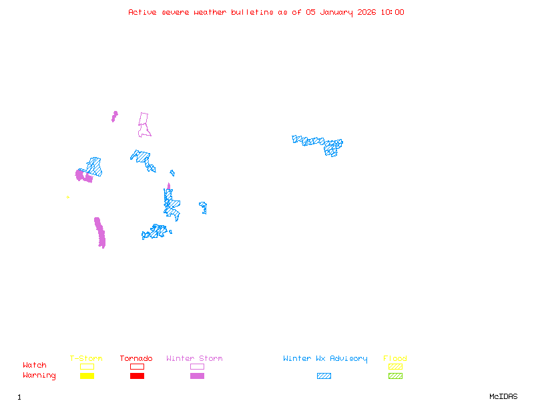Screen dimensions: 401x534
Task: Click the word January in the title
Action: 334,12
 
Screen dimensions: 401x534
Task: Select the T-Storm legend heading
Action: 86,358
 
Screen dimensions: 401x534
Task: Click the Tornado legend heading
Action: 136,358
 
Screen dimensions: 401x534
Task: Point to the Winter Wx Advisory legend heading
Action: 325,358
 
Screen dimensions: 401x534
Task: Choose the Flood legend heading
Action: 395,358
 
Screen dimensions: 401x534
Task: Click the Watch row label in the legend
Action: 35,366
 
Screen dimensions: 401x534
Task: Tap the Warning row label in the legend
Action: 39,376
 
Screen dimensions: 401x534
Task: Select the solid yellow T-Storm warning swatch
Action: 87,376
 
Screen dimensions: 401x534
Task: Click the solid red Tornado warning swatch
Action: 137,376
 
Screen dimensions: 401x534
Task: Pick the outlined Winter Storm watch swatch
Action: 197,366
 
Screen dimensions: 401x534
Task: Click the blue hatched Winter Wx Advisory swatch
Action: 324,376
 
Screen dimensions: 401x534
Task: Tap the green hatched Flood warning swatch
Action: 395,376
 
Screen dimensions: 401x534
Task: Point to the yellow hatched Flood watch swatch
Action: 395,366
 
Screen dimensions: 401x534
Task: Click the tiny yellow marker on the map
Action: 68,197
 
